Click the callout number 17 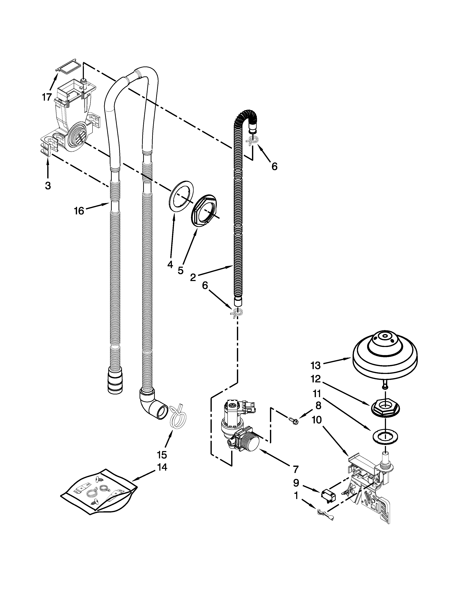click(47, 97)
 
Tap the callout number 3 click(48, 186)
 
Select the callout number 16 click(79, 211)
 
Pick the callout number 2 click(193, 277)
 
